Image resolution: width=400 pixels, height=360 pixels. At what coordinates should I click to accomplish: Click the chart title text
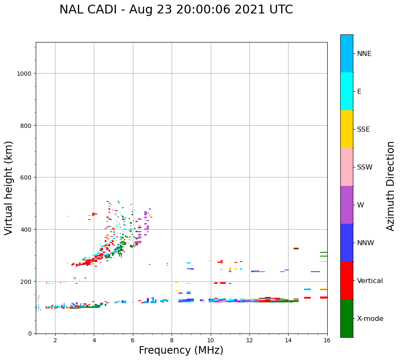click(176, 10)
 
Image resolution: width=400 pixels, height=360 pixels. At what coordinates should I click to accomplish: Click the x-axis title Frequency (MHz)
click(181, 350)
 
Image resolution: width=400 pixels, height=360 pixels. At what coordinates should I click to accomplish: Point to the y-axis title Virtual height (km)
click(9, 188)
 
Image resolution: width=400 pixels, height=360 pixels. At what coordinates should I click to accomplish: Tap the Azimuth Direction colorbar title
click(391, 186)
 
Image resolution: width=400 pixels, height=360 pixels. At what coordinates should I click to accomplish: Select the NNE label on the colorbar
click(364, 53)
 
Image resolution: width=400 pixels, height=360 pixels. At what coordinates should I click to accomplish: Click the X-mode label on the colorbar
click(370, 319)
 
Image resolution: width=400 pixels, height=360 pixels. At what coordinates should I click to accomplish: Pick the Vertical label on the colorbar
click(370, 281)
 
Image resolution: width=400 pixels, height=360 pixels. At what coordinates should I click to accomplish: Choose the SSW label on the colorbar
click(365, 167)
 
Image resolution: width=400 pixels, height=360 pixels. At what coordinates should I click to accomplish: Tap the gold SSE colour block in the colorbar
click(347, 129)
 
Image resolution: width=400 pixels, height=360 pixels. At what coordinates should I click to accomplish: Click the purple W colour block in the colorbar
click(347, 205)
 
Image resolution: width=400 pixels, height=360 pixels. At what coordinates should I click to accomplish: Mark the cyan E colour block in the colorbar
click(347, 91)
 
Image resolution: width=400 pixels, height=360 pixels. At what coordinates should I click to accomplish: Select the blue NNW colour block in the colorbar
click(347, 243)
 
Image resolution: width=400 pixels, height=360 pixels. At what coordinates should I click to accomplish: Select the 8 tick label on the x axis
click(172, 340)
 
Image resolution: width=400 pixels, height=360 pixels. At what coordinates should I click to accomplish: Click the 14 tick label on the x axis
click(288, 340)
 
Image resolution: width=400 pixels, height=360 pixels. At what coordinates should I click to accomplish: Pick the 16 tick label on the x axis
click(327, 340)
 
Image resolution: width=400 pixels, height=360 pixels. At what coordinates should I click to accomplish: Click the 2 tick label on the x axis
click(55, 340)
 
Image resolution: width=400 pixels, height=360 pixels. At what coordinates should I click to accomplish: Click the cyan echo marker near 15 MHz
click(307, 289)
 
